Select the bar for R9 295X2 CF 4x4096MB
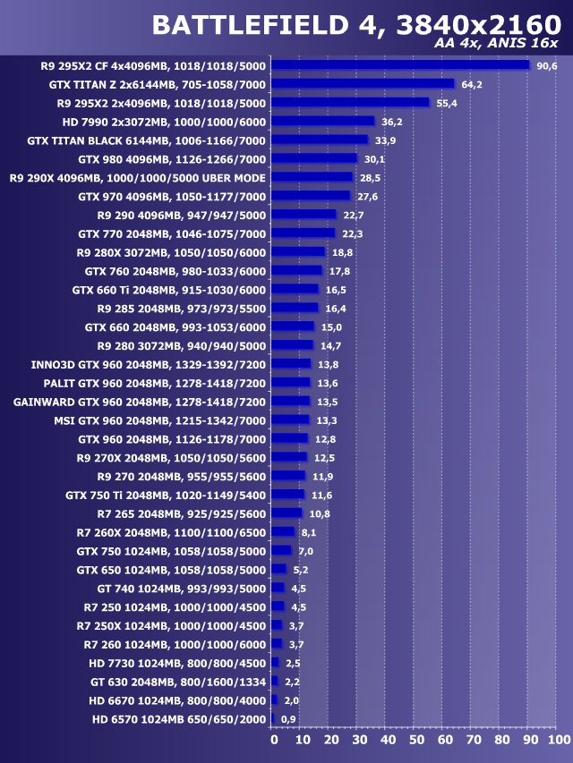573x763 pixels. (x=400, y=65)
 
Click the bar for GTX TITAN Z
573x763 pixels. (x=363, y=84)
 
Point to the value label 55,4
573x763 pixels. (x=447, y=103)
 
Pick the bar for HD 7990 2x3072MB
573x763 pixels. (x=323, y=122)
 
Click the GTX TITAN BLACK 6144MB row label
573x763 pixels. (x=147, y=140)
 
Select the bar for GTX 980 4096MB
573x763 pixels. (x=314, y=159)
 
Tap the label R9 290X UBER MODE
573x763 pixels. (x=138, y=177)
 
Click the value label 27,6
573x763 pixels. (x=367, y=196)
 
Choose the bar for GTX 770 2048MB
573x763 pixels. (x=303, y=233)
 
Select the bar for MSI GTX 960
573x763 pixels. (x=290, y=420)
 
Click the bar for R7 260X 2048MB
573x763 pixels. (x=283, y=531)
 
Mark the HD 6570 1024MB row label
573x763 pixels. (x=179, y=718)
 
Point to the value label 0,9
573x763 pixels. (x=288, y=718)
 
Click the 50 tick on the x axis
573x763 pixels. (x=416, y=741)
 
